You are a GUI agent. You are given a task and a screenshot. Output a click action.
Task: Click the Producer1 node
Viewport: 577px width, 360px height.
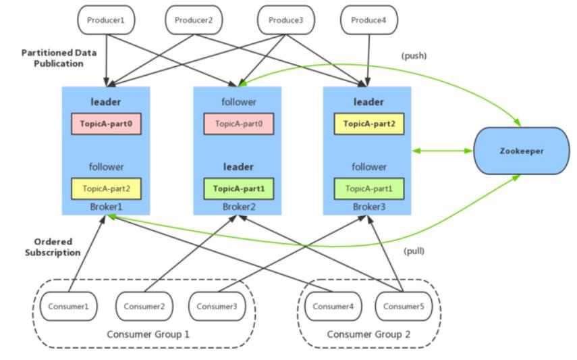tap(106, 20)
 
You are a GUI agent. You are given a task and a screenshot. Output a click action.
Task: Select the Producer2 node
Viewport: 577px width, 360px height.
tap(194, 20)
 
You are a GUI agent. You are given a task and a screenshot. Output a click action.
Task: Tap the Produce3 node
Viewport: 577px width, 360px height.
tap(286, 20)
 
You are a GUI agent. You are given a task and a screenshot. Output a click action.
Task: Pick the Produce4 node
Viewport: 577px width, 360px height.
tap(369, 20)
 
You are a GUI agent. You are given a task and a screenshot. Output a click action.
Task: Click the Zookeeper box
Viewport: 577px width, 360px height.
tap(522, 151)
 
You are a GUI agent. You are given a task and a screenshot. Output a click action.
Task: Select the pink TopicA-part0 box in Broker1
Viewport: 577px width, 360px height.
tap(106, 124)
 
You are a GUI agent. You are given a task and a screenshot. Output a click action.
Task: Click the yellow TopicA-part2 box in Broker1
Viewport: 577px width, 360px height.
tap(106, 188)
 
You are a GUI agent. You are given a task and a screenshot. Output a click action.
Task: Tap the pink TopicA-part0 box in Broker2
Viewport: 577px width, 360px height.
tap(239, 124)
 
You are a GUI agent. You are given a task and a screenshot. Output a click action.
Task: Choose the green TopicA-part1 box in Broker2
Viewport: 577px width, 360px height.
tap(239, 188)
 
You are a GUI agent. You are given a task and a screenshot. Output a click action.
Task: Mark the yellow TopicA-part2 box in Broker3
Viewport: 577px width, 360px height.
tap(369, 124)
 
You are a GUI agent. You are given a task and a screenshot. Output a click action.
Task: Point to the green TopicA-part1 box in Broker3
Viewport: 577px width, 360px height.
tap(369, 188)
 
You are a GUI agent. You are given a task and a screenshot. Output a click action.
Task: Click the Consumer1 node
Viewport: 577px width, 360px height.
tap(69, 306)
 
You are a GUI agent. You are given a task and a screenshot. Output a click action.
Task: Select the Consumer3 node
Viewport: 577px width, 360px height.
tap(217, 306)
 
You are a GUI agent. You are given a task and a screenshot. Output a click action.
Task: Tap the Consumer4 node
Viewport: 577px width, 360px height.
tap(333, 306)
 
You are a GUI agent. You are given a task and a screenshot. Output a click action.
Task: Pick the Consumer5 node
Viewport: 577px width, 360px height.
tap(404, 306)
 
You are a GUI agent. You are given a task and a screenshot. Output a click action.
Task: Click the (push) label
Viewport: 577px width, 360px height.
tap(414, 55)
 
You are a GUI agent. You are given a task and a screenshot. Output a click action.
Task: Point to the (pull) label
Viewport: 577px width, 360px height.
tap(414, 251)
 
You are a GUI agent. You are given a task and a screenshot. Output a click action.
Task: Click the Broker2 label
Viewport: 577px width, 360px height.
tap(239, 207)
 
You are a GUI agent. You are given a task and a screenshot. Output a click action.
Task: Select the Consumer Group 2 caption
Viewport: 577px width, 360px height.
tap(368, 334)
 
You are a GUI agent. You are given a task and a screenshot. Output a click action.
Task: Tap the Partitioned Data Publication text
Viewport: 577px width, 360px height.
tap(59, 58)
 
